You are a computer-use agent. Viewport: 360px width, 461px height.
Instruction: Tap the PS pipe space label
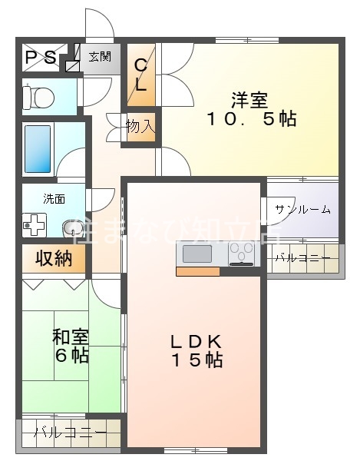point(41,58)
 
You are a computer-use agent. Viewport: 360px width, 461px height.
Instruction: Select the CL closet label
point(141,75)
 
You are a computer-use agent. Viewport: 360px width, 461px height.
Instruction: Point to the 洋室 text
point(250,100)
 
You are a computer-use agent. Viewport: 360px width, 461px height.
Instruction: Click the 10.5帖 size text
point(250,120)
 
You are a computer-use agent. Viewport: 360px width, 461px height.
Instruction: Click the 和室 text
point(71,337)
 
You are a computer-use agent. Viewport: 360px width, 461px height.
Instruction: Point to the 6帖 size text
point(71,355)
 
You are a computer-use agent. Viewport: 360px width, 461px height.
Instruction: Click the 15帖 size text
point(197,360)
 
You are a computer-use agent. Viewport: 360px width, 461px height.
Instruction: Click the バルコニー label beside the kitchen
point(302,258)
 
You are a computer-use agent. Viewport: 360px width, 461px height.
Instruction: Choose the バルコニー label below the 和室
point(70,433)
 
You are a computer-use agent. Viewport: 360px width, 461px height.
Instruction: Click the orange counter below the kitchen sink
point(198,270)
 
